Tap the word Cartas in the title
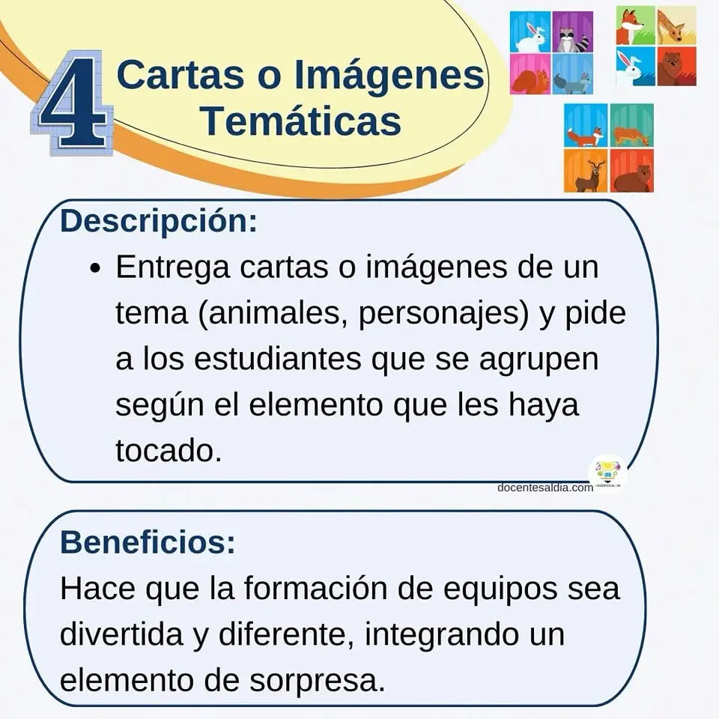(x=180, y=75)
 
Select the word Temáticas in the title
(x=302, y=121)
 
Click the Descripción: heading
(x=159, y=222)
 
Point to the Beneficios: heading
(x=148, y=541)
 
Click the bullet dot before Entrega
(x=95, y=268)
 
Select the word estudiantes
(x=277, y=359)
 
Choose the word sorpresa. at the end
(x=317, y=682)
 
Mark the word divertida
(x=121, y=634)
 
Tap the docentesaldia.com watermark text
(x=545, y=488)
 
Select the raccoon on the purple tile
(x=573, y=31)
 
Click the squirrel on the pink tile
(x=530, y=74)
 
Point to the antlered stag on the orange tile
(x=586, y=171)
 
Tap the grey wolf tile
(x=573, y=74)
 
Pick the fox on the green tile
(x=636, y=25)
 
